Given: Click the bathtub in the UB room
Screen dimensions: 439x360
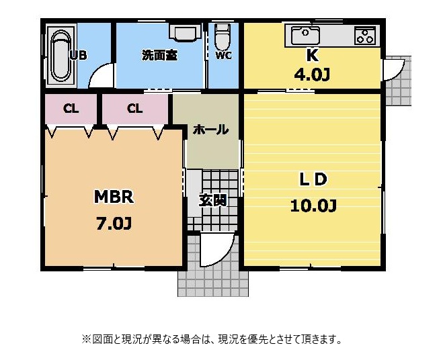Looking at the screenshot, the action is (61, 55).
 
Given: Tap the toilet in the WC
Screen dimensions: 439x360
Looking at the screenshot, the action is (223, 36).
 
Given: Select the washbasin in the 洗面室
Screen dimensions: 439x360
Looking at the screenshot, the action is (185, 32).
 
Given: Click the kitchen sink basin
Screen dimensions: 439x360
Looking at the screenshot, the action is (305, 36).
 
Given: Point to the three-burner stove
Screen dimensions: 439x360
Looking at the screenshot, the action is (365, 36).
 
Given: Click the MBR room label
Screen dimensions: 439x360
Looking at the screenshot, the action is (114, 196).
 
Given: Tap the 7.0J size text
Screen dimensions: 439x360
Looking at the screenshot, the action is (114, 224).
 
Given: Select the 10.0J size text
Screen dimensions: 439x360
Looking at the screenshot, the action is (313, 206).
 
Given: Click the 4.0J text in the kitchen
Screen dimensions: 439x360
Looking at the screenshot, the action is (312, 75).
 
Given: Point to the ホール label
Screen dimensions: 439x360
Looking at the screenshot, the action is (211, 130).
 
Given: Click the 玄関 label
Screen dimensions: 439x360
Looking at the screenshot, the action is (213, 200).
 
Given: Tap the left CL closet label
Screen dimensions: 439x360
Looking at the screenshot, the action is (71, 109).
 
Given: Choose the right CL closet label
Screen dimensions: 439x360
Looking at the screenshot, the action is (134, 108).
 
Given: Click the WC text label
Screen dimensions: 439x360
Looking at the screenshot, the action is (223, 55).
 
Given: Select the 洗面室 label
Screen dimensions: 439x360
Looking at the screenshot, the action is (159, 55).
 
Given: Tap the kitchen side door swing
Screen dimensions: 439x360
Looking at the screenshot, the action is (399, 73).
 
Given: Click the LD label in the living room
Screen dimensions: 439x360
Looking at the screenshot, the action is (313, 179).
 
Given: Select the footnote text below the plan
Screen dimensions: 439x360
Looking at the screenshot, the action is (212, 339).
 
